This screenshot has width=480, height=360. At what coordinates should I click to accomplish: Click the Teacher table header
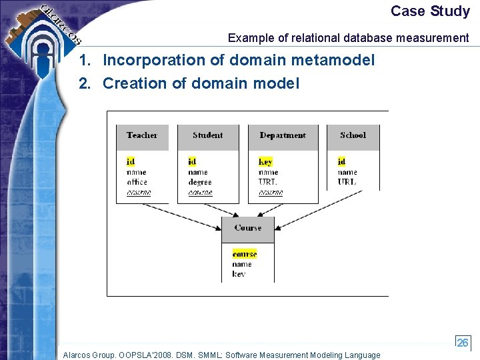(x=142, y=135)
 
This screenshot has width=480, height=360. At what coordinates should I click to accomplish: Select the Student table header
(x=207, y=135)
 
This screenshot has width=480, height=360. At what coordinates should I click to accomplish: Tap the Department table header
(x=283, y=135)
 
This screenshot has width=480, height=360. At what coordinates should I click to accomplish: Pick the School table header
(x=353, y=135)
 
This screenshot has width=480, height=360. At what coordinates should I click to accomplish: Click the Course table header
(x=247, y=228)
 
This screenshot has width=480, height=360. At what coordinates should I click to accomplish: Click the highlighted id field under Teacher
(x=131, y=162)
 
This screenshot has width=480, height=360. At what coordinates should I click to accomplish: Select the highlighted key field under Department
(x=265, y=162)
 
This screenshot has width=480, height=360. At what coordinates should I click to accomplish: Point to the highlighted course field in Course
(x=244, y=254)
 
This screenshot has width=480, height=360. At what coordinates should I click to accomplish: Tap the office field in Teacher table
(x=137, y=182)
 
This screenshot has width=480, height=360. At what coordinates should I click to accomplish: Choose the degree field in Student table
(x=199, y=182)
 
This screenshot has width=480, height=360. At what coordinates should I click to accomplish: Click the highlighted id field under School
(x=341, y=162)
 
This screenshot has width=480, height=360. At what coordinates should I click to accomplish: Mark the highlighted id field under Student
(x=192, y=162)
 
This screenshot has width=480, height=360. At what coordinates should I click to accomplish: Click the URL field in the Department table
(x=268, y=182)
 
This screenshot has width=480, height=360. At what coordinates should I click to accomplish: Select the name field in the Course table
(x=242, y=264)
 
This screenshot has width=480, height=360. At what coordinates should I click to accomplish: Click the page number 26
(x=462, y=343)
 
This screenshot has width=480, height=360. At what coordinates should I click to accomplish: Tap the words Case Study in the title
(x=430, y=11)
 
